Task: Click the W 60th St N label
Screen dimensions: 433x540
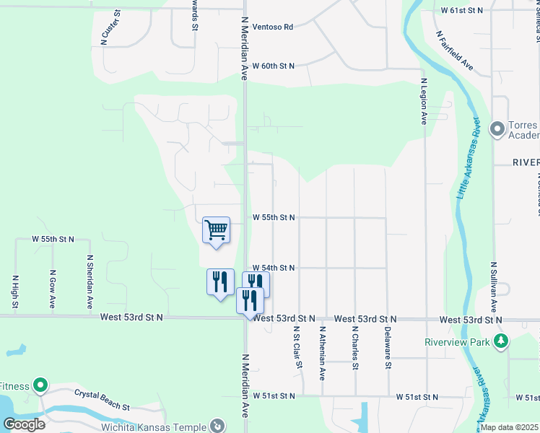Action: point(274,66)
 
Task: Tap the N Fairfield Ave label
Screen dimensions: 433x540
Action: point(454,51)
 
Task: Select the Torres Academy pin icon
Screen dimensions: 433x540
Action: point(497,130)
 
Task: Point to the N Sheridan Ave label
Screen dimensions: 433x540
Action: point(90,281)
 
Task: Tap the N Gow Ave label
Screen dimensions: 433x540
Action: point(53,289)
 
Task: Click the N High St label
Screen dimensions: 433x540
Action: point(14,290)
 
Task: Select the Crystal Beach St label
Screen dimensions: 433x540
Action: point(102,401)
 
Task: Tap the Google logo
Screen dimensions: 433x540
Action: point(24,424)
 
